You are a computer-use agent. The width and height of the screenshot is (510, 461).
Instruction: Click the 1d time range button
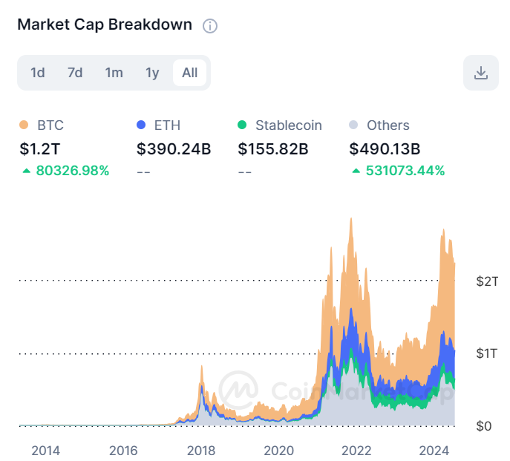pyautogui.click(x=38, y=73)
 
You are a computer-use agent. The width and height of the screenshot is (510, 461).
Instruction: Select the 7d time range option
pyautogui.click(x=75, y=73)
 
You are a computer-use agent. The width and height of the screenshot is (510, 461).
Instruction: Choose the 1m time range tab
pyautogui.click(x=114, y=73)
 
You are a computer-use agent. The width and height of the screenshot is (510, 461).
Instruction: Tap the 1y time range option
pyautogui.click(x=152, y=73)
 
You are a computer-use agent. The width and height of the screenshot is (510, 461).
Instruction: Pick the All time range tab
pyautogui.click(x=189, y=73)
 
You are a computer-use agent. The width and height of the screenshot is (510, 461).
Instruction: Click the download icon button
pyautogui.click(x=481, y=73)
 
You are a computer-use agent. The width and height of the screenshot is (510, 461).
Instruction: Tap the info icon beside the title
pyautogui.click(x=210, y=26)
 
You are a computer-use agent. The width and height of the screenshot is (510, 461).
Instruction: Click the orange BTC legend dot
pyautogui.click(x=24, y=125)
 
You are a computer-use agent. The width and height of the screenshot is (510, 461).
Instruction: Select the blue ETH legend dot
pyautogui.click(x=141, y=125)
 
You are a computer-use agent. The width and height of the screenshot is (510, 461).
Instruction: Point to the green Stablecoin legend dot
pyautogui.click(x=242, y=125)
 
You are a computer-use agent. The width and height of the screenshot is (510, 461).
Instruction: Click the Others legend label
pyautogui.click(x=388, y=125)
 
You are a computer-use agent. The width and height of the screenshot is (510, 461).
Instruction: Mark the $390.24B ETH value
pyautogui.click(x=174, y=149)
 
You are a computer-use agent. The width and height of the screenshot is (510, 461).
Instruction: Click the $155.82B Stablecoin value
pyautogui.click(x=273, y=149)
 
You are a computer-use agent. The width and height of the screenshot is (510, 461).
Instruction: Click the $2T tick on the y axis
pyautogui.click(x=487, y=281)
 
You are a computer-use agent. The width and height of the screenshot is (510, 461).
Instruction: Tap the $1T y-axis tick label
pyautogui.click(x=486, y=353)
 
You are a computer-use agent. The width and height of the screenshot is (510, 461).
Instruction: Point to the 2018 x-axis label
pyautogui.click(x=201, y=451)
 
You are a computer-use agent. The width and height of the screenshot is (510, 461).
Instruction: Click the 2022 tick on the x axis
pyautogui.click(x=356, y=451)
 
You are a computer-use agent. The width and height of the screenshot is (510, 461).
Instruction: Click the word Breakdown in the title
pyautogui.click(x=150, y=24)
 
